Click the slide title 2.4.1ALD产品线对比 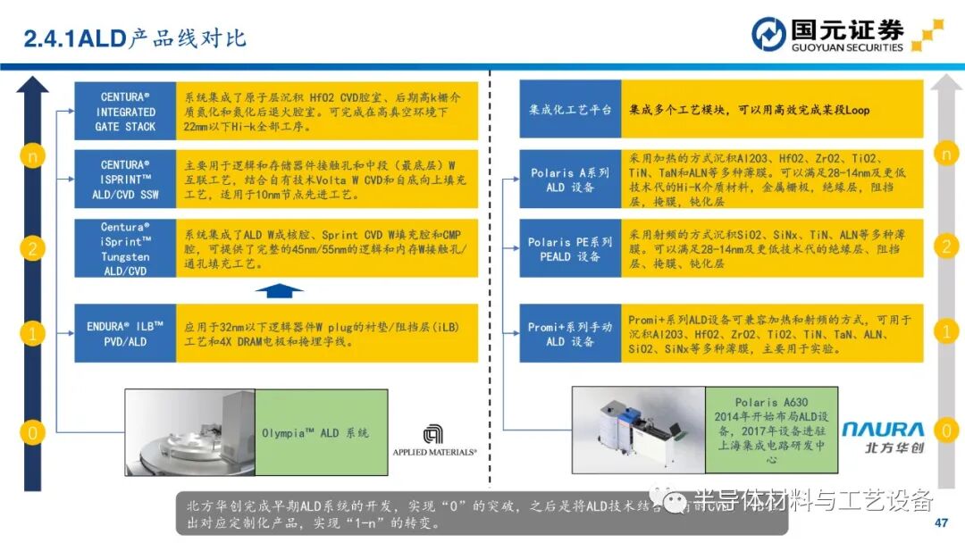(x=134, y=38)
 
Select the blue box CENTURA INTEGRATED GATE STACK (x=125, y=112)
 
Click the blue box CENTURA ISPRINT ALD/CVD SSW (x=125, y=180)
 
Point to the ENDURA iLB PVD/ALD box (x=125, y=333)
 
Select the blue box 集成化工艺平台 (x=571, y=109)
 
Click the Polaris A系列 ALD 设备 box (x=571, y=180)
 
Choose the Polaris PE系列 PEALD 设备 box (x=571, y=248)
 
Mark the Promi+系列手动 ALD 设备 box (x=571, y=333)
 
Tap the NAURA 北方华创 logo (x=883, y=437)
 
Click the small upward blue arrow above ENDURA (x=279, y=289)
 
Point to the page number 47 (x=940, y=522)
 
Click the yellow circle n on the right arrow (x=945, y=154)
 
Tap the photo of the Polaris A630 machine (x=638, y=431)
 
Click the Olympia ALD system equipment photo (x=189, y=432)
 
